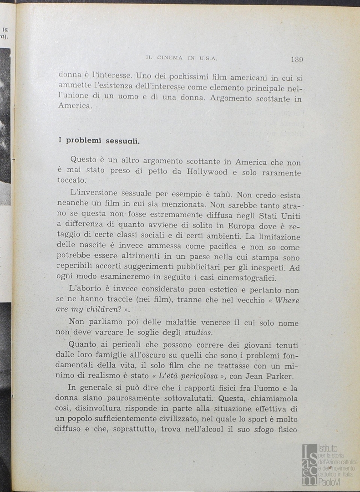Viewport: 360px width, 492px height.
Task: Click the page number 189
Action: pos(296,59)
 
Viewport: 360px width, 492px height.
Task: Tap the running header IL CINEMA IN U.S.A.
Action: pos(182,58)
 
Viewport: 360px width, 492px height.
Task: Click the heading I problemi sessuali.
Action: pos(99,140)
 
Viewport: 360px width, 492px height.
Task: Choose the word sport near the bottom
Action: pos(251,418)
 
